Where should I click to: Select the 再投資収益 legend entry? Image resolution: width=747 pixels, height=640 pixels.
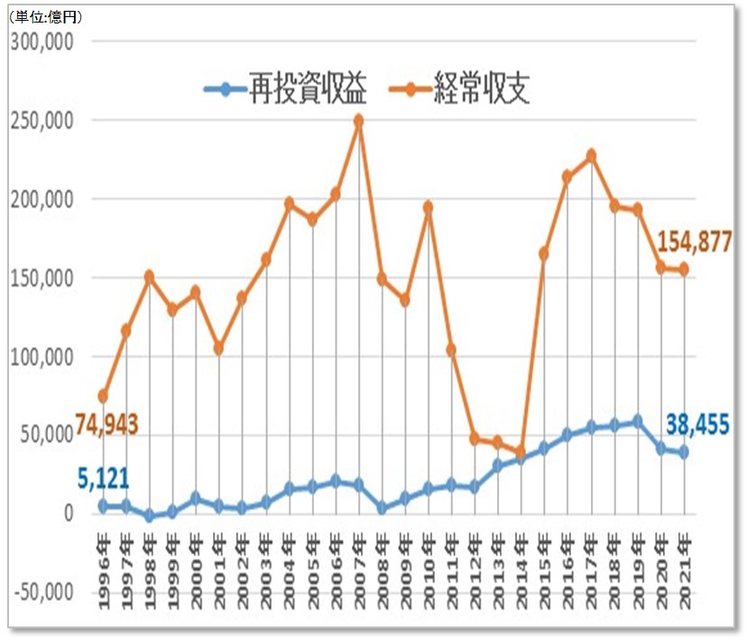click(294, 90)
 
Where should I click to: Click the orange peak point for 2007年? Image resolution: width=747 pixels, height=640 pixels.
click(359, 120)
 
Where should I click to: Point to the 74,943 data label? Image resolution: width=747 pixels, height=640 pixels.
click(110, 425)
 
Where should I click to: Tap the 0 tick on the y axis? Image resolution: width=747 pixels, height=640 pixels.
click(67, 514)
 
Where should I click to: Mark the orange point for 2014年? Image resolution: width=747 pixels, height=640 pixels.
click(521, 451)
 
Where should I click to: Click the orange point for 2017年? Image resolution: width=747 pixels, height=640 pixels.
click(591, 156)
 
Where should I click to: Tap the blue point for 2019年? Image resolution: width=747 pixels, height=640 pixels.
click(637, 421)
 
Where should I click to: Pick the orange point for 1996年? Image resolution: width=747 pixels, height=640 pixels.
click(103, 396)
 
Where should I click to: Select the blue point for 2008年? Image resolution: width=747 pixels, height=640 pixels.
click(382, 508)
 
